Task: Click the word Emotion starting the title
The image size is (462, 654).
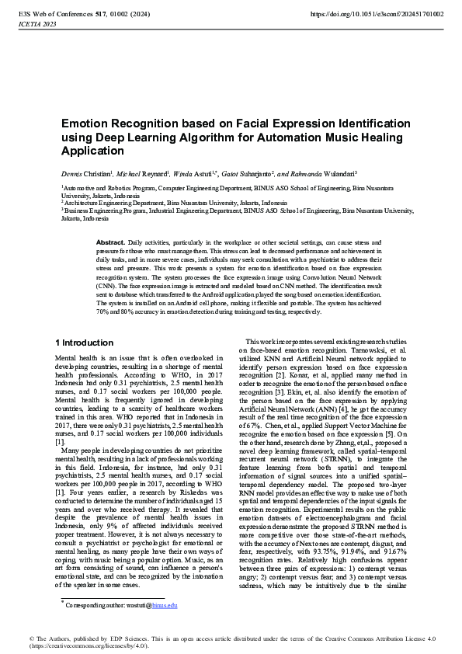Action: point(82,123)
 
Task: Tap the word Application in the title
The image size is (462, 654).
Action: point(94,151)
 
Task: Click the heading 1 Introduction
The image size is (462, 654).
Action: point(85,343)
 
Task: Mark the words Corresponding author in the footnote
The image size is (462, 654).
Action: point(94,604)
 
